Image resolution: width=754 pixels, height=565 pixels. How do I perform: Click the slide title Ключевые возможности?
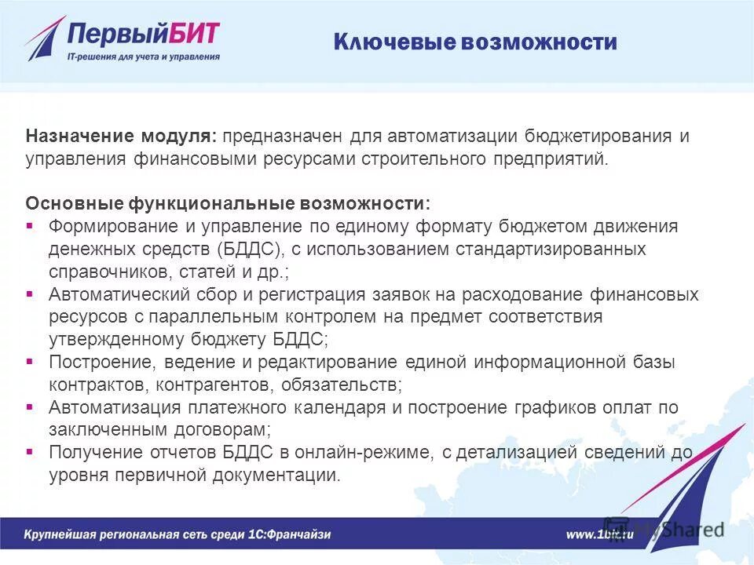pyautogui.click(x=475, y=42)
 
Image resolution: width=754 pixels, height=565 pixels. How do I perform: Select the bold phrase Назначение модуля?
pyautogui.click(x=121, y=137)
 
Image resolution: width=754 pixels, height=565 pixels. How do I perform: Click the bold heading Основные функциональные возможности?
pyautogui.click(x=228, y=204)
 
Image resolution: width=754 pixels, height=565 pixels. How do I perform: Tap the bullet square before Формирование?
pyautogui.click(x=30, y=226)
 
